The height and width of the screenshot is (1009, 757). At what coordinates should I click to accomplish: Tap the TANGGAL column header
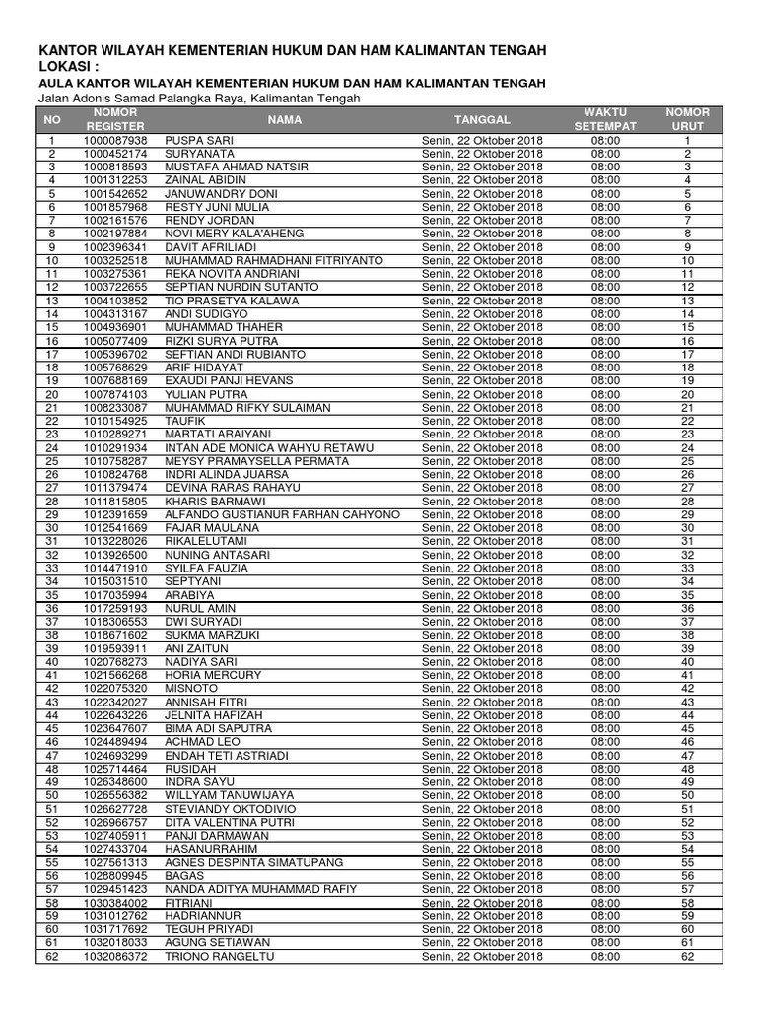pyautogui.click(x=482, y=120)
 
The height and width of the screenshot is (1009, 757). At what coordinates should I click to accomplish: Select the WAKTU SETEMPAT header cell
pyautogui.click(x=605, y=120)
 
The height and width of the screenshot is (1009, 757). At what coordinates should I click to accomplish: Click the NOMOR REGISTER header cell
pyautogui.click(x=115, y=120)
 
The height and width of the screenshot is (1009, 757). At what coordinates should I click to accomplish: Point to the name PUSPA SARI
pyautogui.click(x=197, y=141)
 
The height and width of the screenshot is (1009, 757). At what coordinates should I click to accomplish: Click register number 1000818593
pyautogui.click(x=115, y=168)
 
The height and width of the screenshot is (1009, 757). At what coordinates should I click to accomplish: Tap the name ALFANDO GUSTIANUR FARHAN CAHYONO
pyautogui.click(x=282, y=514)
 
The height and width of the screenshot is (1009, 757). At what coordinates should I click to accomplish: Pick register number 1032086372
pyautogui.click(x=115, y=956)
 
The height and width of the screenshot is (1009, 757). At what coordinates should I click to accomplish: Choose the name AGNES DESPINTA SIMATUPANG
pyautogui.click(x=254, y=862)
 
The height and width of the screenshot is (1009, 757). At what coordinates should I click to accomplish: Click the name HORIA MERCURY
pyautogui.click(x=213, y=675)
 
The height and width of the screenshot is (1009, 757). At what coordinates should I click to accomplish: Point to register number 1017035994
pyautogui.click(x=115, y=595)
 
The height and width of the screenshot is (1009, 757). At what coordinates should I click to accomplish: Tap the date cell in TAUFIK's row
pyautogui.click(x=482, y=421)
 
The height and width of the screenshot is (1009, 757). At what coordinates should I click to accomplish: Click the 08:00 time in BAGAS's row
pyautogui.click(x=605, y=876)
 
